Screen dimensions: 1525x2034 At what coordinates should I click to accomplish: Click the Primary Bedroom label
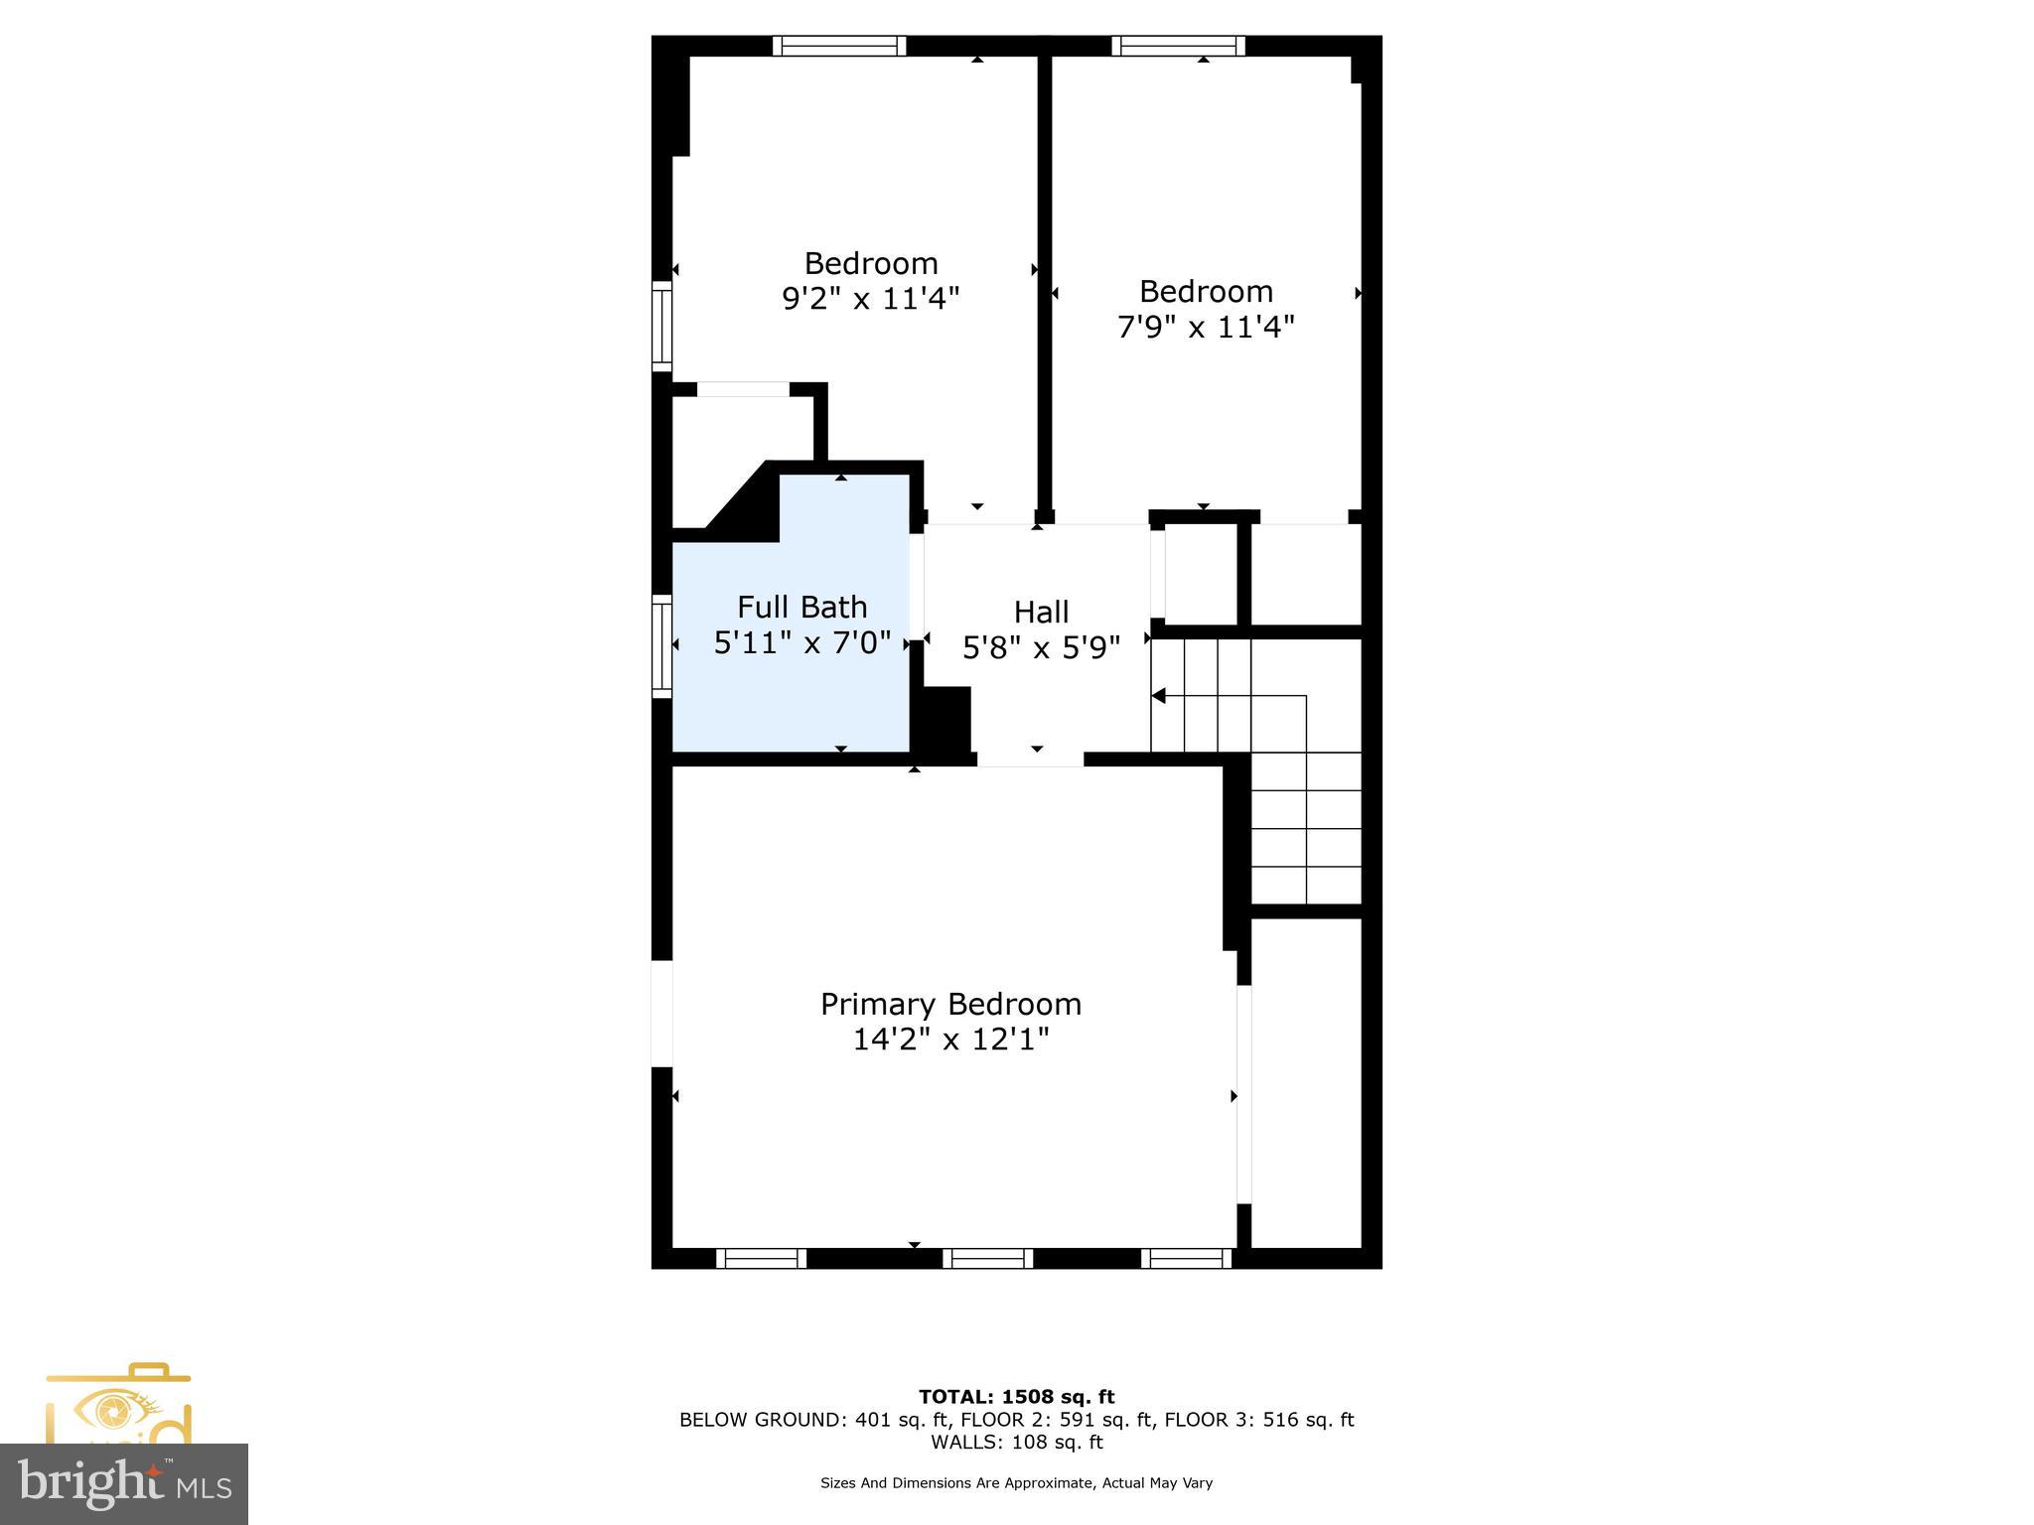point(950,1004)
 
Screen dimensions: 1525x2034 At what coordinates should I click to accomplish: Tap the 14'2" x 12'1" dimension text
point(950,1040)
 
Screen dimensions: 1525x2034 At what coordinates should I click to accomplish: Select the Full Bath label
point(801,607)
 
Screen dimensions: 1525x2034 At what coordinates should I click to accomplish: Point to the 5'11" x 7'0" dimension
point(801,643)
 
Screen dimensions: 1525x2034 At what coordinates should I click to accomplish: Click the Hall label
point(1041,612)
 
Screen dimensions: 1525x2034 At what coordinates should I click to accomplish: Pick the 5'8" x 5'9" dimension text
point(1041,648)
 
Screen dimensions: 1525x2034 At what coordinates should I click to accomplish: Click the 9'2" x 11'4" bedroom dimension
point(870,298)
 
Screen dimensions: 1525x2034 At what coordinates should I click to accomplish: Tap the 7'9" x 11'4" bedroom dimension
point(1206,327)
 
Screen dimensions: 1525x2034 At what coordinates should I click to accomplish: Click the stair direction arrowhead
point(1158,696)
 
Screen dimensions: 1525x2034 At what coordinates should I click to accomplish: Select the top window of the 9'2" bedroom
point(839,46)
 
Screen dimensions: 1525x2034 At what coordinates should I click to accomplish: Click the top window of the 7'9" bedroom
point(1178,46)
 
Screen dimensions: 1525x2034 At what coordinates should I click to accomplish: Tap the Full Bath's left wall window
point(662,645)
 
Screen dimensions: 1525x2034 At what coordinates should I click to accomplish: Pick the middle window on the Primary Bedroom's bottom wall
point(987,1259)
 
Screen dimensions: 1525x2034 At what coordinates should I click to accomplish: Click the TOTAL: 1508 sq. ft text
point(1016,1397)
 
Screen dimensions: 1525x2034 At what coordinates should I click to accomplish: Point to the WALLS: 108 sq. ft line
point(1016,1443)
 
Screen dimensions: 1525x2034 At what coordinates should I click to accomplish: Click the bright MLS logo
point(124,1483)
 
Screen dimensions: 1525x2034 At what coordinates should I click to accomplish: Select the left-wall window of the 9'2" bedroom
point(662,326)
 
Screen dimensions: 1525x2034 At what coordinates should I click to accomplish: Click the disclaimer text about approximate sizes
point(1016,1483)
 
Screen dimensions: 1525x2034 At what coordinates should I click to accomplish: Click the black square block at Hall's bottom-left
point(945,722)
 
